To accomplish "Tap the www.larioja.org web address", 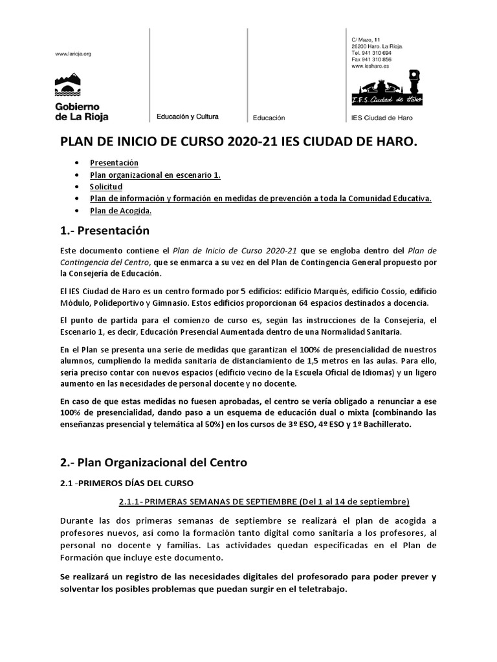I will tap(73, 54).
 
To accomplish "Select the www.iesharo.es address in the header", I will tap(370, 66).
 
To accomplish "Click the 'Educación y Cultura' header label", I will tap(187, 117).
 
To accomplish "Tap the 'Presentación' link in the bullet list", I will tap(114, 163).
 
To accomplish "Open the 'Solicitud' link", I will tap(106, 187).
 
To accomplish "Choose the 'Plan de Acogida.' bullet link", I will tap(121, 211).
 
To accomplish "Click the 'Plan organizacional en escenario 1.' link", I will tap(155, 175).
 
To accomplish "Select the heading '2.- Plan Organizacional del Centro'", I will tap(153, 462).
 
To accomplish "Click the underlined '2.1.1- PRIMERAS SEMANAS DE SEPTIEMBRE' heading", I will tap(264, 502).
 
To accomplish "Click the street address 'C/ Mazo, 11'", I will tap(366, 40).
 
